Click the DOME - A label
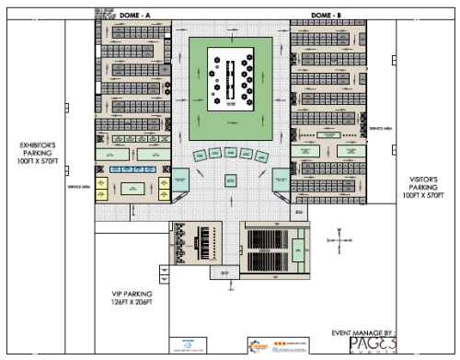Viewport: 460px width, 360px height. [x=136, y=15]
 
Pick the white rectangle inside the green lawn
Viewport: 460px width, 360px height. [x=230, y=78]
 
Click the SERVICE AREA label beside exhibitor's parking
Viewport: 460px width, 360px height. [x=77, y=187]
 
